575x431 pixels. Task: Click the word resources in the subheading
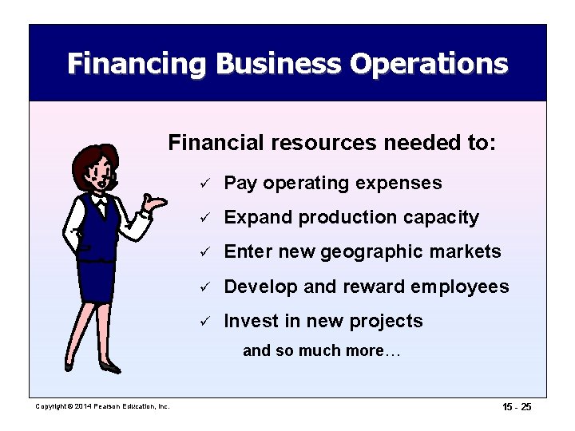pyautogui.click(x=320, y=144)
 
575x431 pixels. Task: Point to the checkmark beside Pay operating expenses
pyautogui.click(x=205, y=184)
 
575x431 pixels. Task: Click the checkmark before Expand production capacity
pyautogui.click(x=205, y=218)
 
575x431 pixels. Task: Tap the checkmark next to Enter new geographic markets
pyautogui.click(x=205, y=253)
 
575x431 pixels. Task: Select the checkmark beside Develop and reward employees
pyautogui.click(x=205, y=287)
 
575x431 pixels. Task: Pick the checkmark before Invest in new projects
pyautogui.click(x=205, y=322)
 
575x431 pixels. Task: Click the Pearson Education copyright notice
pyautogui.click(x=103, y=407)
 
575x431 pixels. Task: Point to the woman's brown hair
pyautogui.click(x=88, y=160)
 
